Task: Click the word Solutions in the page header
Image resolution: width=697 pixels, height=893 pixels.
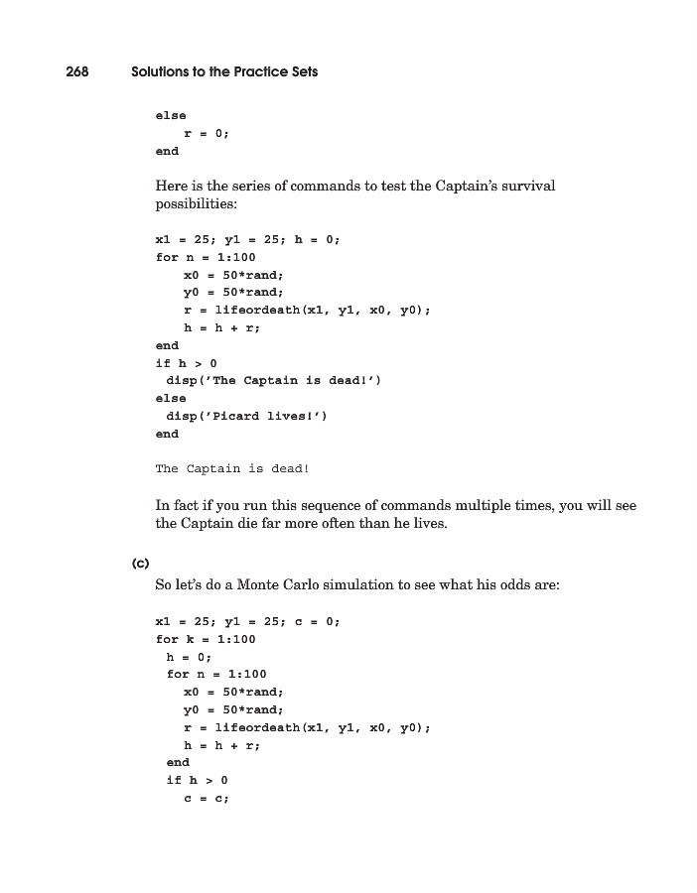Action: (x=164, y=72)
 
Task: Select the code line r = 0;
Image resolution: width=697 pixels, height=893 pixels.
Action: (x=207, y=133)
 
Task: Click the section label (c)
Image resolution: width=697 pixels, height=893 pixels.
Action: (x=140, y=564)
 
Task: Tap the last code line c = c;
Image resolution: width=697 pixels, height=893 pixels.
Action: (x=207, y=799)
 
